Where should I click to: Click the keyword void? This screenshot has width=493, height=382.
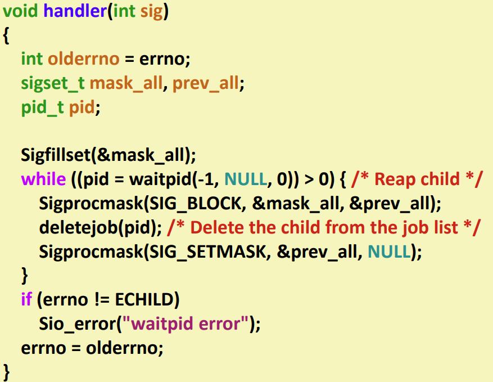pyautogui.click(x=20, y=11)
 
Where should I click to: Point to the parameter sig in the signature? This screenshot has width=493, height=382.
pyautogui.click(x=152, y=11)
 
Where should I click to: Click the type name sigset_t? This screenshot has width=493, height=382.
pyautogui.click(x=53, y=83)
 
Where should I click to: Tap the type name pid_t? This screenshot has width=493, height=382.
pyautogui.click(x=43, y=107)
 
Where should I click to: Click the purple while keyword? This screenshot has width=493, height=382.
pyautogui.click(x=43, y=179)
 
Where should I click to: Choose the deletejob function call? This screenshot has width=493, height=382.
pyautogui.click(x=71, y=227)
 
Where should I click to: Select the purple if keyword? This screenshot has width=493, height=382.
pyautogui.click(x=26, y=299)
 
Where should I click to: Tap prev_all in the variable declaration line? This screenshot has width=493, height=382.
pyautogui.click(x=206, y=83)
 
